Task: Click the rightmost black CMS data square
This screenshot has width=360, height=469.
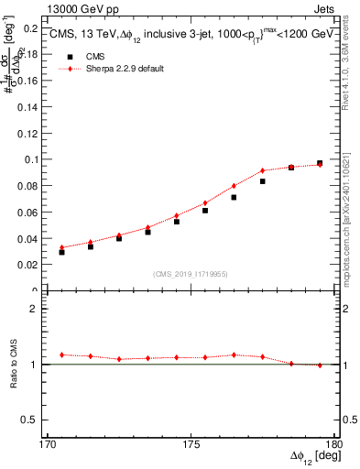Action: pyautogui.click(x=320, y=163)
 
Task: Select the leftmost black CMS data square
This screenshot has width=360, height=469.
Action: pyautogui.click(x=61, y=252)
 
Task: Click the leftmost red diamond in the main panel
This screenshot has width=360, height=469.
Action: pyautogui.click(x=61, y=247)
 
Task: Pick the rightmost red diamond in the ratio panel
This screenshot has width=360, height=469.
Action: pyautogui.click(x=320, y=365)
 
